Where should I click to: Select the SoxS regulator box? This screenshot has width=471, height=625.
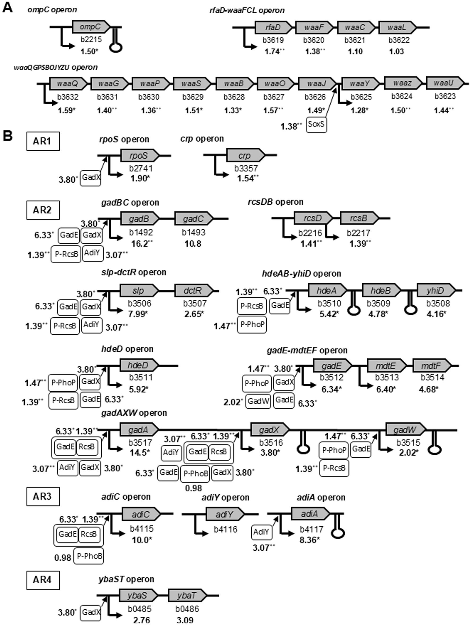pyautogui.click(x=316, y=124)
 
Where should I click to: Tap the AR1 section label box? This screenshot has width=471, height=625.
pyautogui.click(x=43, y=141)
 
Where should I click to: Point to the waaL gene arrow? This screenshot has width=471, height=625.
pyautogui.click(x=397, y=27)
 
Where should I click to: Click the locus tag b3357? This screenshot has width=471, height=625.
pyautogui.click(x=246, y=168)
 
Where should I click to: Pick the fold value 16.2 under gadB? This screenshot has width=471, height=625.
pyautogui.click(x=139, y=244)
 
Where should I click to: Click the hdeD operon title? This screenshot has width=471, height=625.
pyautogui.click(x=127, y=349)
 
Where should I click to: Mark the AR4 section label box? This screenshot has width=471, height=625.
pyautogui.click(x=43, y=580)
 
